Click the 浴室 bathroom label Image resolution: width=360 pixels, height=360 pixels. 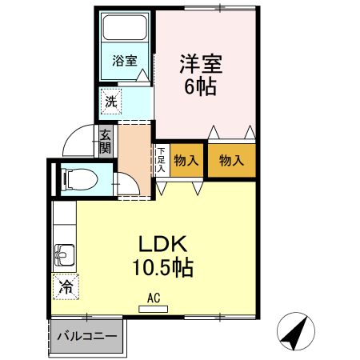click(124, 60)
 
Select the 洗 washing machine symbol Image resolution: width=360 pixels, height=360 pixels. click(111, 102)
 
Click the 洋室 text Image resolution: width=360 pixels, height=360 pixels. click(199, 62)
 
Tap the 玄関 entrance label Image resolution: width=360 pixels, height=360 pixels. click(106, 142)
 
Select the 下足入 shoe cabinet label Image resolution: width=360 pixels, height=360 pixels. click(161, 160)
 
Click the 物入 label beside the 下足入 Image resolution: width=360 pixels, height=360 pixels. click(186, 161)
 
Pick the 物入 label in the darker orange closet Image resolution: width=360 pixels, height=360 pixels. click(232, 161)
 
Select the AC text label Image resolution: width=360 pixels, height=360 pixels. click(154, 298)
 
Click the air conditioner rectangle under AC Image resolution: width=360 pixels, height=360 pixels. click(154, 308)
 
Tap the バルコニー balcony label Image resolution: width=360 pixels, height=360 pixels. click(86, 337)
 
